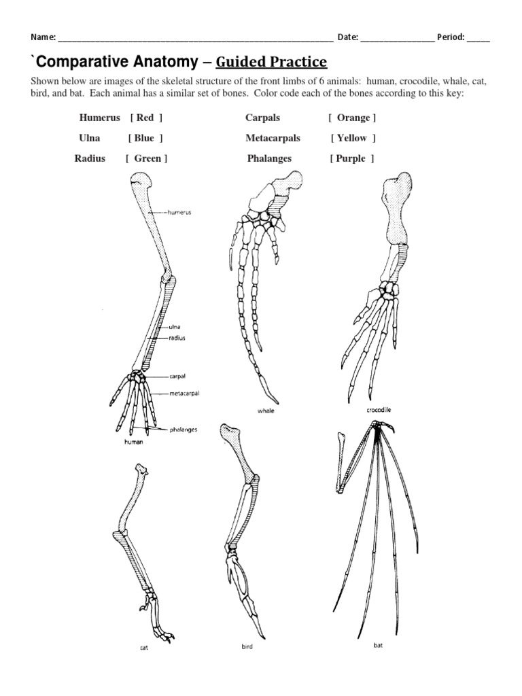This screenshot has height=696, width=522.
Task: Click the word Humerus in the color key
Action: tap(100, 118)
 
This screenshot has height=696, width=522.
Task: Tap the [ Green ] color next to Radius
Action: tap(146, 158)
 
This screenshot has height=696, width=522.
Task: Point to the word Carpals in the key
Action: tap(262, 118)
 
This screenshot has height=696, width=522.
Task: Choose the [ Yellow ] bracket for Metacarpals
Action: tap(353, 138)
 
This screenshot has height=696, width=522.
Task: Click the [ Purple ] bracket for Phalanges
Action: tap(352, 158)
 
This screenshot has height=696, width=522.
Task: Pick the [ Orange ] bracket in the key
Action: tap(352, 118)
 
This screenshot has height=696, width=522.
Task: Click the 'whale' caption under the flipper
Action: tap(266, 411)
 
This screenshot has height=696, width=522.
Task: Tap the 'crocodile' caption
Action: tap(379, 411)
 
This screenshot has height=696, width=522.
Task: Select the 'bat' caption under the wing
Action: tap(378, 645)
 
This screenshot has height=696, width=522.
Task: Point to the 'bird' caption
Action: tap(246, 646)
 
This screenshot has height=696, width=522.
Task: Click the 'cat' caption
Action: tap(144, 648)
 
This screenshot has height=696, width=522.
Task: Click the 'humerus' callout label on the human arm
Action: tap(179, 212)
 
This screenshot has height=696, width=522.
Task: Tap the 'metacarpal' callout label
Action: tap(185, 393)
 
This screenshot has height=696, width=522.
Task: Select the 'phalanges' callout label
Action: tap(184, 430)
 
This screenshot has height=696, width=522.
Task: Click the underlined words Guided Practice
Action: tap(272, 63)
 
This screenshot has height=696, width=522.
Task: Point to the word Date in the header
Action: tap(347, 37)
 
